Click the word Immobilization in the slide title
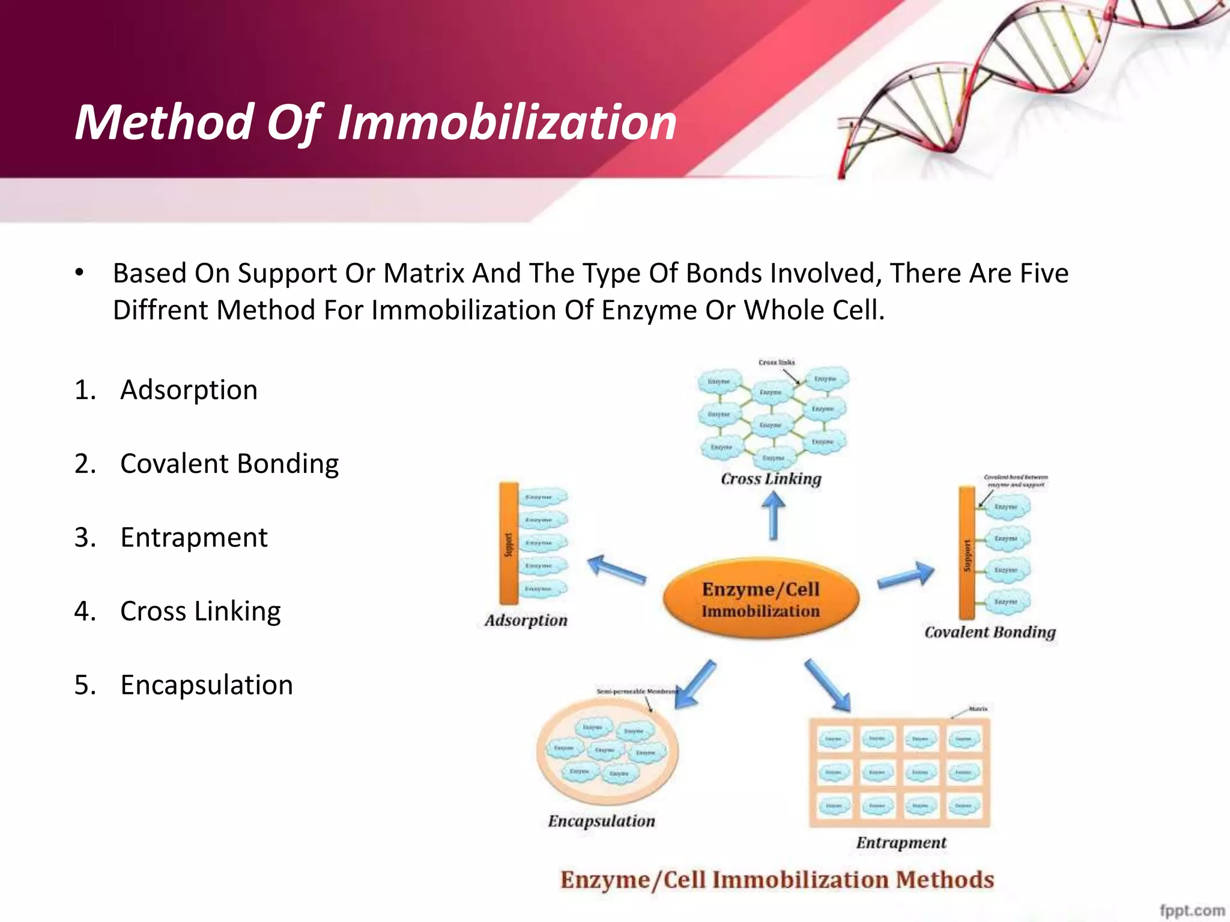(x=507, y=123)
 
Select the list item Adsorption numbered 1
(x=189, y=390)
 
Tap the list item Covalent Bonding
(x=229, y=464)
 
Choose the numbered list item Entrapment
(x=193, y=538)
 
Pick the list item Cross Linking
(x=200, y=612)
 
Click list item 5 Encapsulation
(x=206, y=685)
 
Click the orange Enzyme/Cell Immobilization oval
(x=760, y=599)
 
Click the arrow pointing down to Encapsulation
(x=695, y=684)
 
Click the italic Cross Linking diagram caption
(x=771, y=479)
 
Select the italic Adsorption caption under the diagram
(x=526, y=620)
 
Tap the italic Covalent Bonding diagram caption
(x=990, y=632)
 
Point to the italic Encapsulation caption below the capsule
(x=601, y=821)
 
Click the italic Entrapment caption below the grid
(x=901, y=843)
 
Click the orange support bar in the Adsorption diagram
(x=509, y=543)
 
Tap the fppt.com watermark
(x=1192, y=910)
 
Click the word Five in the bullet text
(x=1044, y=274)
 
